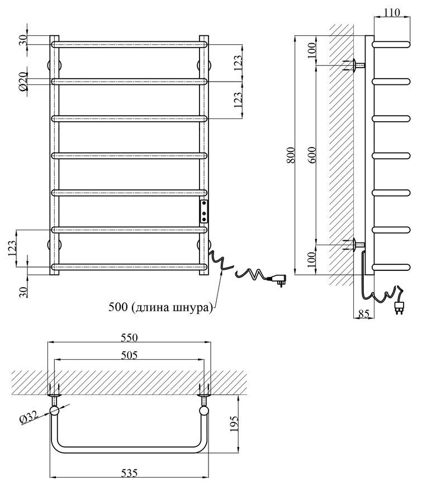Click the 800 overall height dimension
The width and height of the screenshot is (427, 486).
pyautogui.click(x=292, y=155)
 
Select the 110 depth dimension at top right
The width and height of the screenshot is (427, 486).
pyautogui.click(x=392, y=12)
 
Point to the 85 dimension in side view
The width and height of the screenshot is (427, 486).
pyautogui.click(x=364, y=314)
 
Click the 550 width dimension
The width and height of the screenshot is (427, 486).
pyautogui.click(x=129, y=337)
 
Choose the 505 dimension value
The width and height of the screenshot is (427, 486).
pyautogui.click(x=129, y=355)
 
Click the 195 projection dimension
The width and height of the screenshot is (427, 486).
pyautogui.click(x=234, y=423)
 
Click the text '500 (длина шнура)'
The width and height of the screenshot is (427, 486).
pyautogui.click(x=160, y=307)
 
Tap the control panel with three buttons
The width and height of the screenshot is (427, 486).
pyautogui.click(x=204, y=211)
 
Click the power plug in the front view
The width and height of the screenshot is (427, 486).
pyautogui.click(x=278, y=279)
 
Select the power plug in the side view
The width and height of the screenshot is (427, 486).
pyautogui.click(x=399, y=307)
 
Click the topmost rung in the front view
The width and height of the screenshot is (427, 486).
pyautogui.click(x=129, y=44)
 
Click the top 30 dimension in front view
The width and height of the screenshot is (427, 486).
pyautogui.click(x=23, y=40)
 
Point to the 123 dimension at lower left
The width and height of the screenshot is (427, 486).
pyautogui.click(x=12, y=248)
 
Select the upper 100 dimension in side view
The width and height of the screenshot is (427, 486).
pyautogui.click(x=312, y=50)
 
